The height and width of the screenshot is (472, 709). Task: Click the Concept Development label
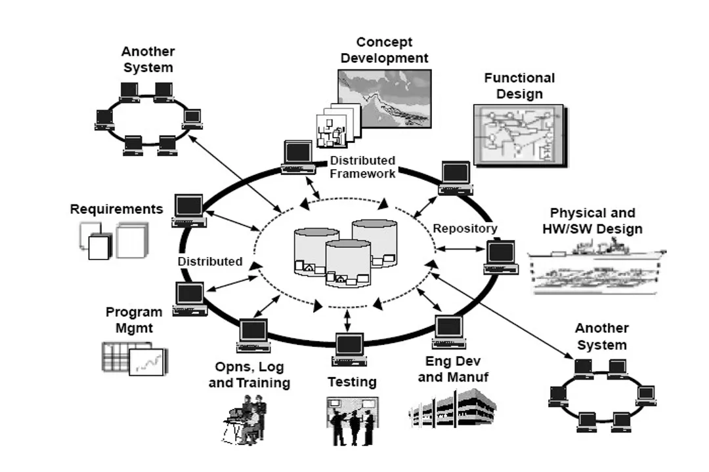tap(384, 50)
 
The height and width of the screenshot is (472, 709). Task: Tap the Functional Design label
tap(519, 86)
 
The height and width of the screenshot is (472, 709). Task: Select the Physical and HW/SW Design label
tap(592, 221)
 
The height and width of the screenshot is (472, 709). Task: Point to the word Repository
tap(465, 229)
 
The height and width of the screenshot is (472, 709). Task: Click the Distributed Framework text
tap(362, 167)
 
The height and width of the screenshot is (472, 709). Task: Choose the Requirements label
tap(116, 209)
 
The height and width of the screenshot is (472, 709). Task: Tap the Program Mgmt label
tap(133, 319)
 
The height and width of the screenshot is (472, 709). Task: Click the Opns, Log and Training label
tap(249, 375)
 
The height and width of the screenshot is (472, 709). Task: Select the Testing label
tap(352, 382)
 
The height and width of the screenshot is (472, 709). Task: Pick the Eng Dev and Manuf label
tap(453, 369)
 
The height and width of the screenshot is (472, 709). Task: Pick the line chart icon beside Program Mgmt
tap(148, 361)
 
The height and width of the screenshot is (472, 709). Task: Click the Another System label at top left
tap(148, 59)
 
